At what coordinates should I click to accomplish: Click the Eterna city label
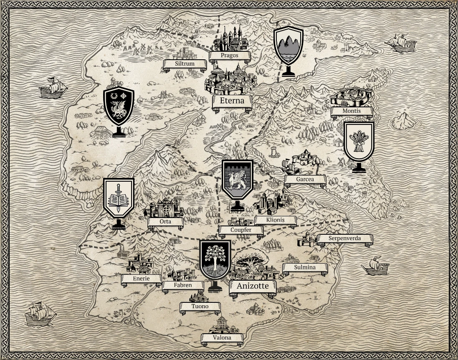click(232, 101)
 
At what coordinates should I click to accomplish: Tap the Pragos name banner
click(230, 55)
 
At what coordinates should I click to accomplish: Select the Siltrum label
click(185, 64)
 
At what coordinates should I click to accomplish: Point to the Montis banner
click(351, 111)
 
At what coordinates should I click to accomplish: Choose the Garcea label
click(305, 179)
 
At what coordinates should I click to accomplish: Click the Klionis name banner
click(275, 220)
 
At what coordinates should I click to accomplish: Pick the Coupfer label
click(241, 230)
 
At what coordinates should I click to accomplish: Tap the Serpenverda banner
click(344, 238)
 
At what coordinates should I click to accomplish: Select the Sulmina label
click(305, 267)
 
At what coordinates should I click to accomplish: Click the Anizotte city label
click(253, 286)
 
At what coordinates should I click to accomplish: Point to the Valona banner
click(222, 337)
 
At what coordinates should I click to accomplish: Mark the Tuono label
click(200, 307)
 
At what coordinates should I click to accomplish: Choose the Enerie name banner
click(141, 278)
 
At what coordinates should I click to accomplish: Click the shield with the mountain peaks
click(288, 46)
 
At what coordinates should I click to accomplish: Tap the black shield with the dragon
click(119, 106)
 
